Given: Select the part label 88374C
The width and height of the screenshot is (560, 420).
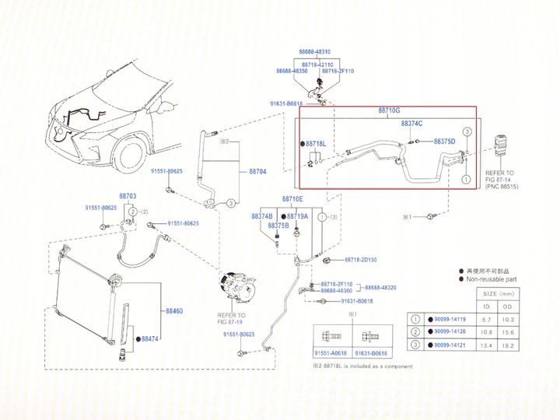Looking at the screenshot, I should click(411, 124).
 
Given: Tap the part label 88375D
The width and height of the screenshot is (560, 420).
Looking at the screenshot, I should click(443, 142).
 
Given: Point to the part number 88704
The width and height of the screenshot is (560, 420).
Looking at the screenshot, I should click(257, 171).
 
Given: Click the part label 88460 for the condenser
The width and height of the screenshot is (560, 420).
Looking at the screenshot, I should click(173, 311).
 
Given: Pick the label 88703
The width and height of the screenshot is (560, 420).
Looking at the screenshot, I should click(129, 196).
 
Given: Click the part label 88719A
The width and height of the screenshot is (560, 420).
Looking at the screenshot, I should click(297, 215).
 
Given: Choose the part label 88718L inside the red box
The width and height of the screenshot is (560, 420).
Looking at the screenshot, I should click(316, 144).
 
